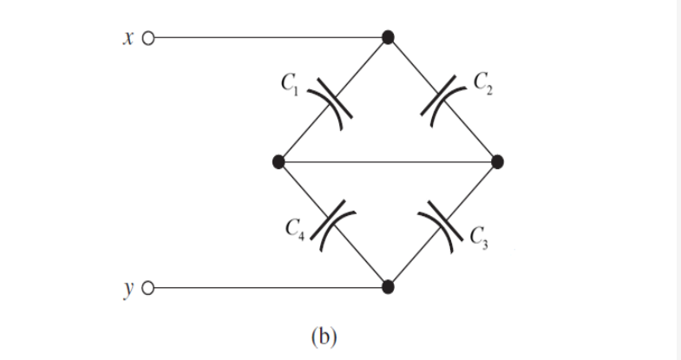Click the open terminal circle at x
tap(147, 38)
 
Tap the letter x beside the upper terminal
tap(128, 38)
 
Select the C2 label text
tap(482, 85)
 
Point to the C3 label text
tap(482, 236)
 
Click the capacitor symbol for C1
tap(334, 101)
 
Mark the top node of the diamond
tap(389, 37)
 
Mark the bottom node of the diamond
tap(389, 286)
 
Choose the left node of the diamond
tap(278, 161)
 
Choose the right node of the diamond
tap(497, 161)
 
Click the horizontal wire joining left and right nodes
tap(388, 161)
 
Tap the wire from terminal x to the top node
tap(269, 38)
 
